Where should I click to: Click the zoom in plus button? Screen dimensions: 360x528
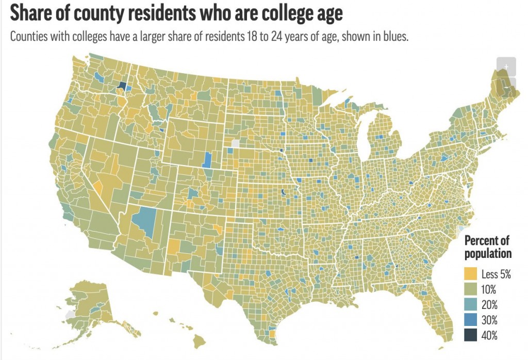[506, 67]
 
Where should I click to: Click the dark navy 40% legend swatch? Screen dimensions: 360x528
[471, 336]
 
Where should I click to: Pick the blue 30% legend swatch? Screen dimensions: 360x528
[471, 320]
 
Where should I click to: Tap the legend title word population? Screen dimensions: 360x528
[488, 253]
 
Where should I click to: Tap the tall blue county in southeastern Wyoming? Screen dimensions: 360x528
[208, 160]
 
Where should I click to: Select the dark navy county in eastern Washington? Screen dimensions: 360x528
[122, 86]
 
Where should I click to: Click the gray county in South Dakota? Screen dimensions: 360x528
[236, 143]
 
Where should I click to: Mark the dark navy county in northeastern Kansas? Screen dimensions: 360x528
[283, 193]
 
